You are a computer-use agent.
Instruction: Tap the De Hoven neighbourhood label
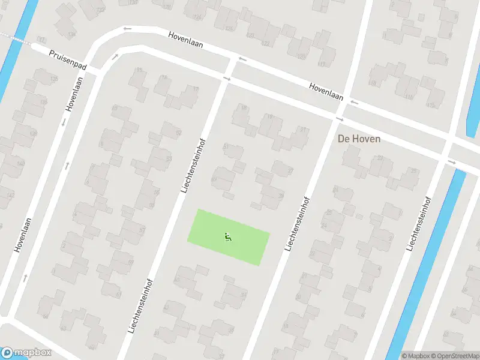(359, 139)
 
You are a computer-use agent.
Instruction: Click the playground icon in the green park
(228, 237)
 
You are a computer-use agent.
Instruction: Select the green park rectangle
(210, 228)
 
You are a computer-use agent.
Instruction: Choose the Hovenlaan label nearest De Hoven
(326, 91)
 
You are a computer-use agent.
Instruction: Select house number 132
(41, 40)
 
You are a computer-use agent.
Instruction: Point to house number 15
(139, 71)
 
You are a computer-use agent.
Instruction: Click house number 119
(320, 64)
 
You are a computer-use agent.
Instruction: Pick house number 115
(429, 105)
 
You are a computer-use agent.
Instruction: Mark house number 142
(10, 196)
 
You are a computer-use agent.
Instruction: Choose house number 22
(380, 158)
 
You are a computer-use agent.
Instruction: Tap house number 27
(290, 171)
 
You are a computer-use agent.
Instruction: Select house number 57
(142, 230)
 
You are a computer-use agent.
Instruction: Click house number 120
(301, 56)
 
